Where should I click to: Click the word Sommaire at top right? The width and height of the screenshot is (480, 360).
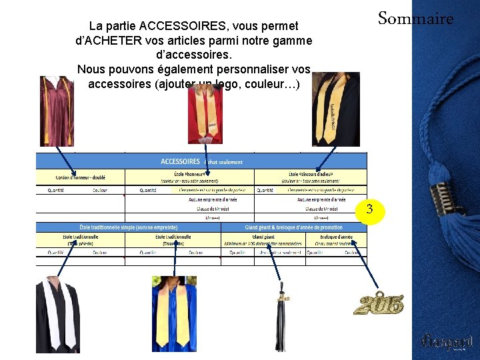[x=415, y=19]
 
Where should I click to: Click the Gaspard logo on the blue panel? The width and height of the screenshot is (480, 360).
[x=447, y=342]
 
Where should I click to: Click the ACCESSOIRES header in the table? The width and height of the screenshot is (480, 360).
[x=181, y=161]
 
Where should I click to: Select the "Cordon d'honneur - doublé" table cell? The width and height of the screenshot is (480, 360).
[x=80, y=177]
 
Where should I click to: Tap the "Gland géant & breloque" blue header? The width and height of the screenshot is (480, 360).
[x=293, y=227]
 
